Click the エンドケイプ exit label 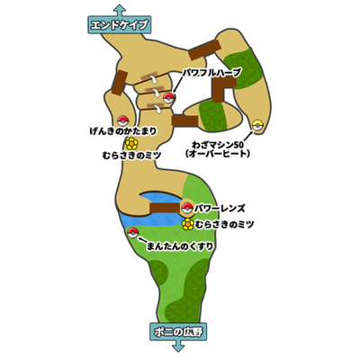tap(120, 25)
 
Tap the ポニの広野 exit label tap(179, 332)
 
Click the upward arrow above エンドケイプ tap(120, 11)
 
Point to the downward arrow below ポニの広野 tap(179, 347)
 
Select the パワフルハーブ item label tap(212, 73)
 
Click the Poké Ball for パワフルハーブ tap(168, 97)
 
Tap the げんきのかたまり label tap(123, 131)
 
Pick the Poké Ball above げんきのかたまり tap(122, 121)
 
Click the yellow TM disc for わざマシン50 tap(257, 125)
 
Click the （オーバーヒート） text tap(218, 154)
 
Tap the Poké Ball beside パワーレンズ tap(187, 208)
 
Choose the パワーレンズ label tap(220, 208)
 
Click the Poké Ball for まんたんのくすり tap(132, 233)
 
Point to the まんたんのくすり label tap(180, 247)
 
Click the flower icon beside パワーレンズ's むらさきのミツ tap(188, 224)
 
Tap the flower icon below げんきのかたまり tap(131, 144)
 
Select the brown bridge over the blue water tap(165, 208)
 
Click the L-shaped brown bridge tap(222, 89)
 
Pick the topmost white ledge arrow tap(154, 80)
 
